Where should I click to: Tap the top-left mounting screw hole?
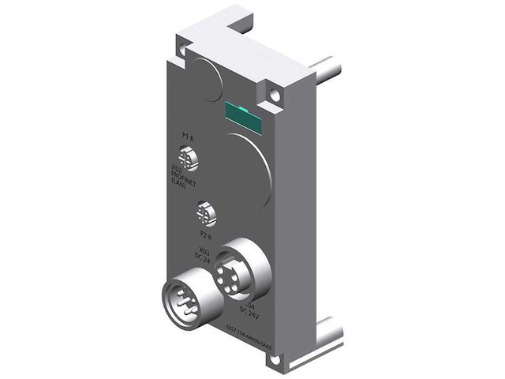[182, 51]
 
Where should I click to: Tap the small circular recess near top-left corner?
[208, 77]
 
